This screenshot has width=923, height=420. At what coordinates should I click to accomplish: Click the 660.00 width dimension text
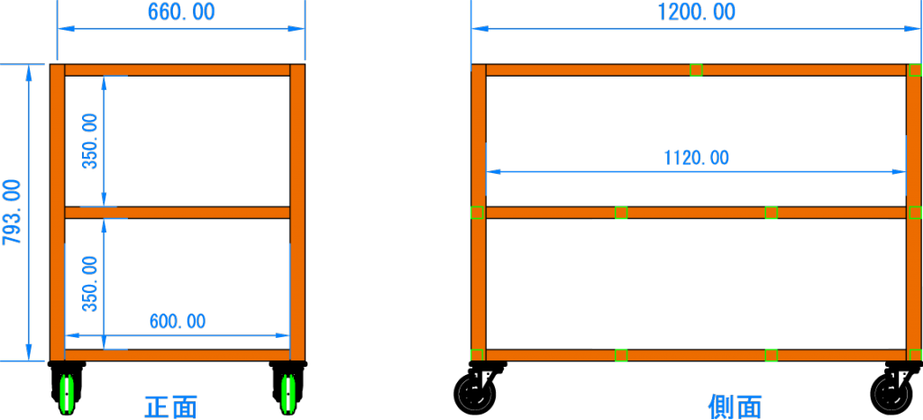181,13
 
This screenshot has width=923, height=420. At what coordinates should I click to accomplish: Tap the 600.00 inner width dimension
177,321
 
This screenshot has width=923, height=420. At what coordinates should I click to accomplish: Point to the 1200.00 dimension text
697,13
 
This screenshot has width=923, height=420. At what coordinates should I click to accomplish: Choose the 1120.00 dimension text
696,159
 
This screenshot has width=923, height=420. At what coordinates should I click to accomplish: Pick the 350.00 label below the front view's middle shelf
90,283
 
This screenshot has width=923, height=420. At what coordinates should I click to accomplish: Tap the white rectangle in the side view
739,284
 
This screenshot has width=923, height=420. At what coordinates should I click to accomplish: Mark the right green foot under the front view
288,394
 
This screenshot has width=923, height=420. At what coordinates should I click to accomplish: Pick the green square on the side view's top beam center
696,69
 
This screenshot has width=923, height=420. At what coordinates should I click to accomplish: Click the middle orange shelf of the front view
177,213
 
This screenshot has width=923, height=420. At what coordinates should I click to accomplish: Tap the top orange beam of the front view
177,69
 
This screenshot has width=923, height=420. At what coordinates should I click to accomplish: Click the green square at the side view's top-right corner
915,69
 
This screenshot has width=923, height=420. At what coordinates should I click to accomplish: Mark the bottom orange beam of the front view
177,355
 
